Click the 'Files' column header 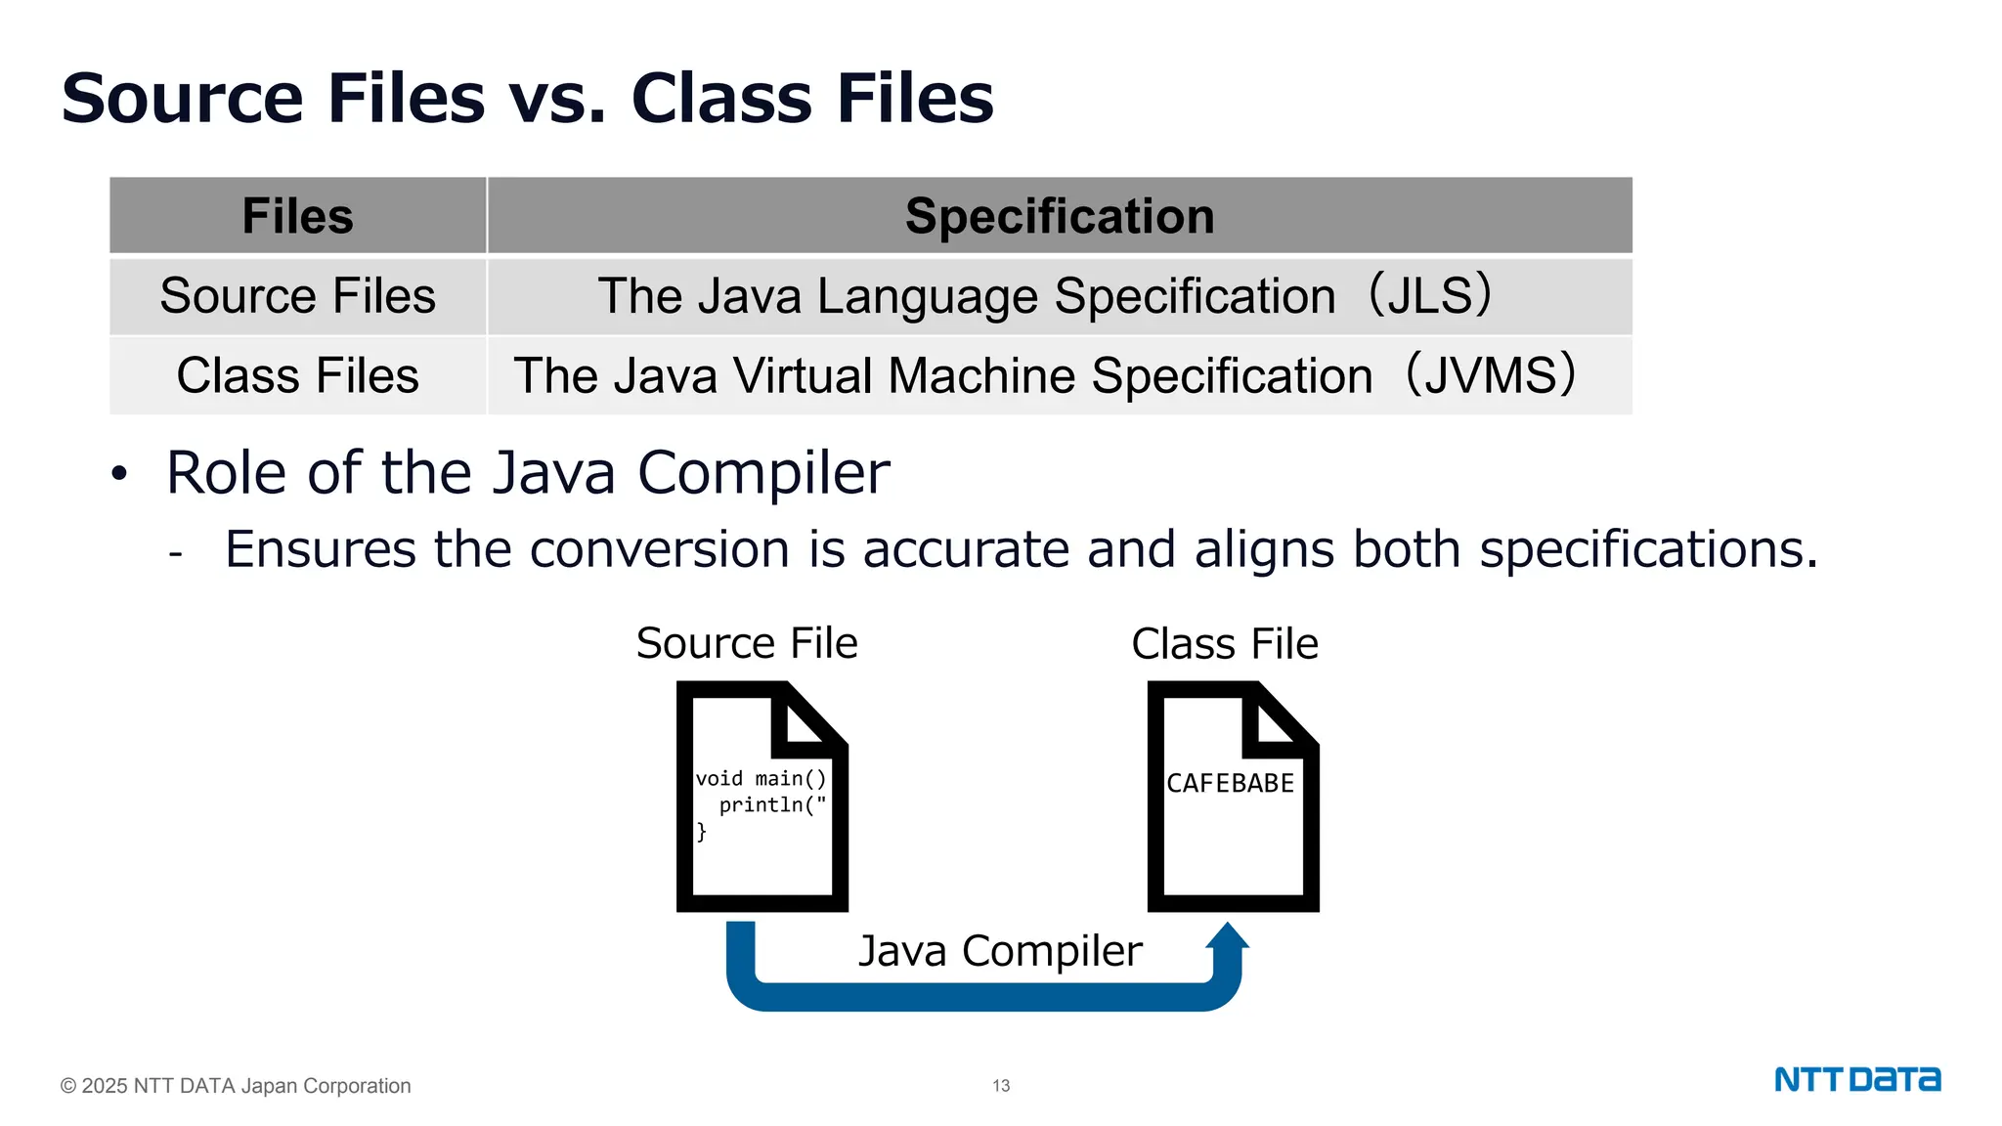pyautogui.click(x=297, y=216)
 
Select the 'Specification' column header pyautogui.click(x=1060, y=216)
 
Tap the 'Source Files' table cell pyautogui.click(x=297, y=296)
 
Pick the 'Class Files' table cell pyautogui.click(x=297, y=376)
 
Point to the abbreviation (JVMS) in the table pyautogui.click(x=1491, y=376)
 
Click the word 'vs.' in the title pyautogui.click(x=556, y=99)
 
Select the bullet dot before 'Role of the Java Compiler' pyautogui.click(x=119, y=474)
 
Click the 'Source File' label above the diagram pyautogui.click(x=747, y=644)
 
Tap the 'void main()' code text pyautogui.click(x=761, y=779)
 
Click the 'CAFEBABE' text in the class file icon pyautogui.click(x=1230, y=784)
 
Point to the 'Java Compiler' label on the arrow pyautogui.click(x=1000, y=951)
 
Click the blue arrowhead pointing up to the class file pyautogui.click(x=1227, y=936)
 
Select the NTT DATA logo pyautogui.click(x=1857, y=1080)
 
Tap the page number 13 pyautogui.click(x=1001, y=1086)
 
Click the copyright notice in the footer pyautogui.click(x=236, y=1086)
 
